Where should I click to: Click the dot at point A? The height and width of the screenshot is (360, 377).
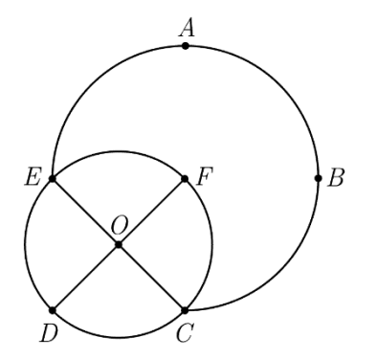[x=186, y=46]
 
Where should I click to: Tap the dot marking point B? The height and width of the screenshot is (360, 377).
[x=318, y=178]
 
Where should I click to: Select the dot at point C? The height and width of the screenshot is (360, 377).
[x=185, y=310]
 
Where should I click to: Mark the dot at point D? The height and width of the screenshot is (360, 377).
[x=53, y=310]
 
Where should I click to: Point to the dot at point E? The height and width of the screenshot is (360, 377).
[x=53, y=178]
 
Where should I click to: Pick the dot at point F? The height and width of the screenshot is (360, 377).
[x=185, y=178]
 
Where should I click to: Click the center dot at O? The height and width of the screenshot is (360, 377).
[x=119, y=244]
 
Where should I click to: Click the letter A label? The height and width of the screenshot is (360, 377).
[x=187, y=28]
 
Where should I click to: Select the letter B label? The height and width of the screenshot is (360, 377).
[x=336, y=178]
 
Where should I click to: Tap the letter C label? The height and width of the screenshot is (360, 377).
[x=185, y=334]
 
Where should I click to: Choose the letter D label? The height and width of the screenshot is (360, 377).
[x=49, y=334]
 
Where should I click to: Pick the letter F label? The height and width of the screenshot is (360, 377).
[x=205, y=177]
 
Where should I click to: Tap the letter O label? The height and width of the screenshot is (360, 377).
[x=120, y=226]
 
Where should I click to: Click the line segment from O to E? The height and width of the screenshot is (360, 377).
[x=85, y=212]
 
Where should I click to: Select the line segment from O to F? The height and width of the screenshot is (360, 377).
[x=152, y=212]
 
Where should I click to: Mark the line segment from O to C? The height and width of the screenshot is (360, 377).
[x=152, y=278]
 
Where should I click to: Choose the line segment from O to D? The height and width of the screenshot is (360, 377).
[x=85, y=278]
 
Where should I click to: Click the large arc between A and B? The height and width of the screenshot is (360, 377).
[x=279, y=84]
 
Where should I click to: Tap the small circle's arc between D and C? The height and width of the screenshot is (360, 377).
[x=119, y=337]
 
